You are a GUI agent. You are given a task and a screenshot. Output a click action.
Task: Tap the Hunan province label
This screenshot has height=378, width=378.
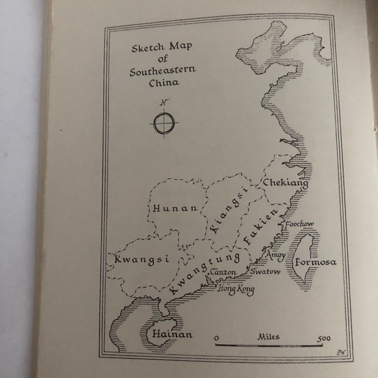pos(174,208)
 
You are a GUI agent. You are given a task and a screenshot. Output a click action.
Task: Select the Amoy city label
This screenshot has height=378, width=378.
pos(276,254)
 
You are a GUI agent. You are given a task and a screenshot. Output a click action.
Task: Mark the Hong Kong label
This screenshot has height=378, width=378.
pos(236,288)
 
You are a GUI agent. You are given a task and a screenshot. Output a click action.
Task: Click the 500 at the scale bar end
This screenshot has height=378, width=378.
pos(323,339)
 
